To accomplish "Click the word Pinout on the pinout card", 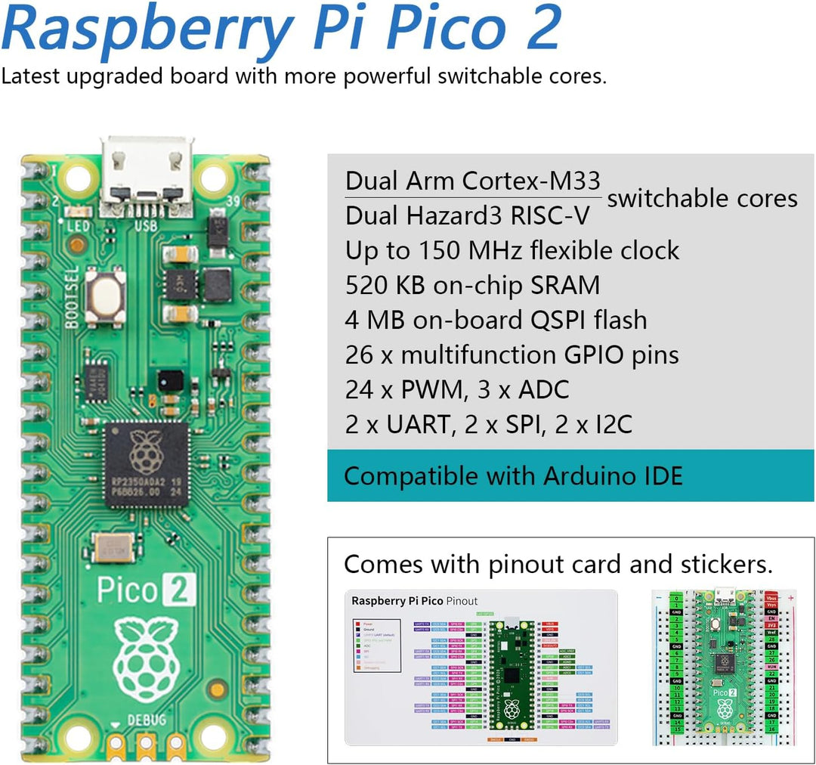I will point(462,601).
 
